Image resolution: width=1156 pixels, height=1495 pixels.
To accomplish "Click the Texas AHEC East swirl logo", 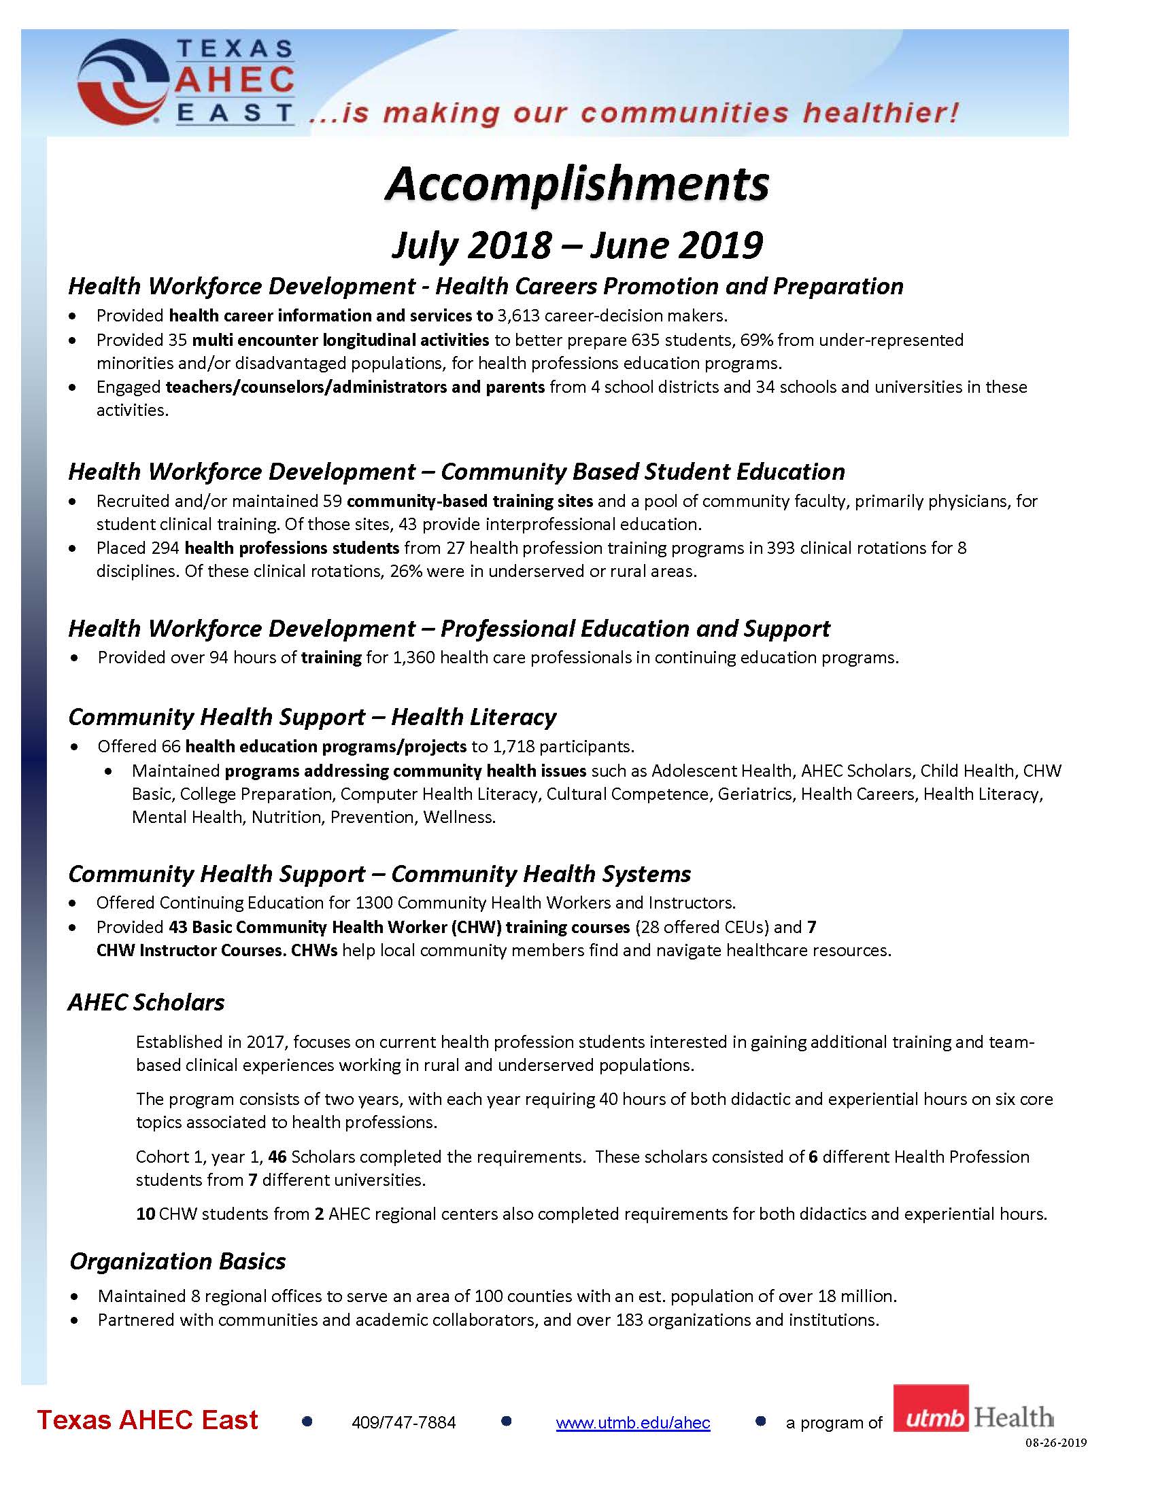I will point(123,82).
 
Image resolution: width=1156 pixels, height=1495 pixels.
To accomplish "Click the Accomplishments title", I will point(577,184).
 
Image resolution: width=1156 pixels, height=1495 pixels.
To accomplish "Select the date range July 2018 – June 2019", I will point(577,245).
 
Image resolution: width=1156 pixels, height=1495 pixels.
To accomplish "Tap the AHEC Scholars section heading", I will point(146,1002).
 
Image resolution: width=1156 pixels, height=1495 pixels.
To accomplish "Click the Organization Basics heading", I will point(177,1261).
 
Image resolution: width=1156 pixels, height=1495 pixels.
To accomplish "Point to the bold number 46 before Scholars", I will point(277,1156).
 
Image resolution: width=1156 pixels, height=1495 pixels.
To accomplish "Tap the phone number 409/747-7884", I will point(403,1422).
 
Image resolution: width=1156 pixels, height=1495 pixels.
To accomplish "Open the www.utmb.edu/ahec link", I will point(633,1422).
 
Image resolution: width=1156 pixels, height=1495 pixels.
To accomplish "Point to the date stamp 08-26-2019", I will point(1055,1443).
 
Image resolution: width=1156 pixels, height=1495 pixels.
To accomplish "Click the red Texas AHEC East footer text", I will point(148,1420).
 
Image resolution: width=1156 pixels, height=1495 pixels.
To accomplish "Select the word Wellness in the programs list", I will point(458,817).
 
